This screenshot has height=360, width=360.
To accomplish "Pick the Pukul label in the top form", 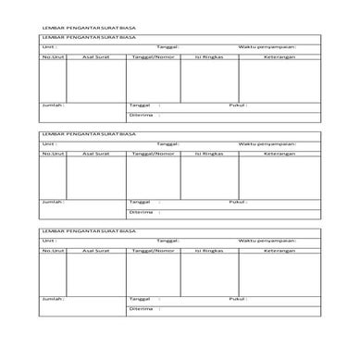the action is point(239,106).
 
